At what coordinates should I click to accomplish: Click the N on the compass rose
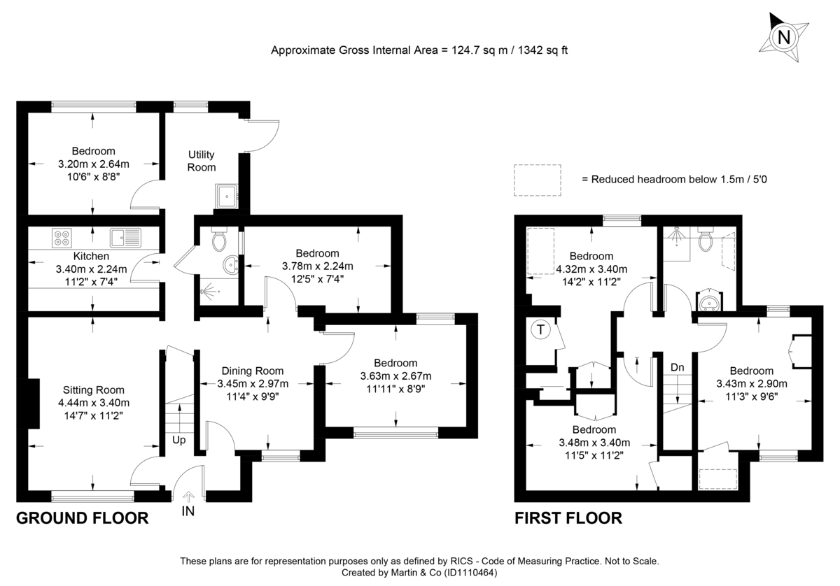click(785, 37)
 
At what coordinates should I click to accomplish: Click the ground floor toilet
click(219, 241)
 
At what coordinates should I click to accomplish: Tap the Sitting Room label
click(93, 390)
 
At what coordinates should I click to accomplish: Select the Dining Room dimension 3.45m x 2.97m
click(254, 383)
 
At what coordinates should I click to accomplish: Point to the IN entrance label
click(188, 511)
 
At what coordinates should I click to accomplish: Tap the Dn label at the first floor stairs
click(677, 367)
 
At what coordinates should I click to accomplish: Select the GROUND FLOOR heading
click(82, 518)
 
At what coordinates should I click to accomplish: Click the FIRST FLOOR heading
click(568, 518)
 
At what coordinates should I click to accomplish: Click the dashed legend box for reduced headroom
click(538, 180)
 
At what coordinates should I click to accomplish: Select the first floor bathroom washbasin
click(709, 301)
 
